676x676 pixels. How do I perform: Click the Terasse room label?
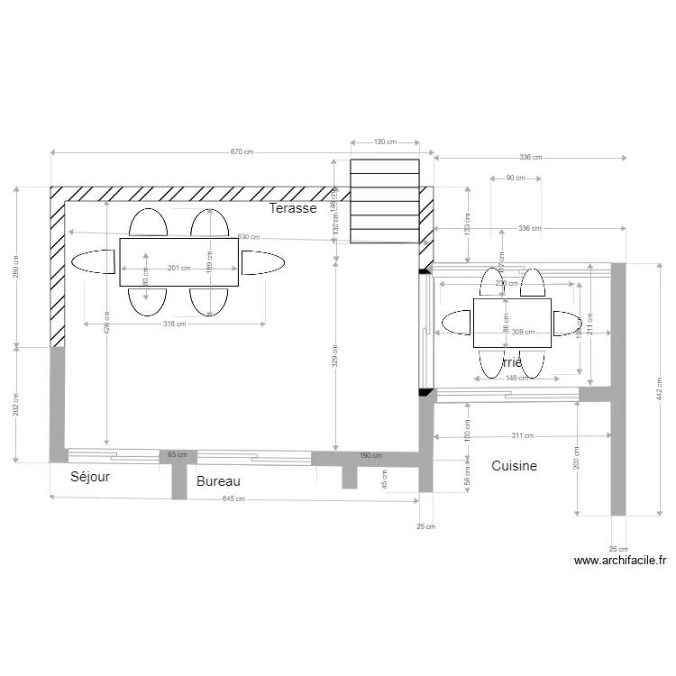[293, 208]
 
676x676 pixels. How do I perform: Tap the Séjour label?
[90, 477]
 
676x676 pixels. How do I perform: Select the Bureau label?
[218, 481]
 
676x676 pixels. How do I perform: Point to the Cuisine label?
[514, 466]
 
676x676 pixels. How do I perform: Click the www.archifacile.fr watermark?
[620, 560]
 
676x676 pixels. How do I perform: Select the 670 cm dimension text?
[242, 152]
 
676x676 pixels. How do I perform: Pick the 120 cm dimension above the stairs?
[385, 142]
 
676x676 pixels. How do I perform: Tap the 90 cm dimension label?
[516, 178]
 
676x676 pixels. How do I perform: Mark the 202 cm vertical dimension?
[15, 404]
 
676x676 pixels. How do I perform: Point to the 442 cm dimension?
[660, 388]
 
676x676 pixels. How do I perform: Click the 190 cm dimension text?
[371, 455]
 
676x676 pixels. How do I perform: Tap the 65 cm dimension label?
[178, 455]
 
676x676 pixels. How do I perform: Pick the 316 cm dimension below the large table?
[174, 324]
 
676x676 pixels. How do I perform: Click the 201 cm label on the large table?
[179, 268]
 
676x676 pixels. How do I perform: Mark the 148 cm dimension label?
[516, 378]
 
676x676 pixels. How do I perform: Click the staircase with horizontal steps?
[385, 202]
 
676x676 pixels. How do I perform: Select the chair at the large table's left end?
[93, 262]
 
